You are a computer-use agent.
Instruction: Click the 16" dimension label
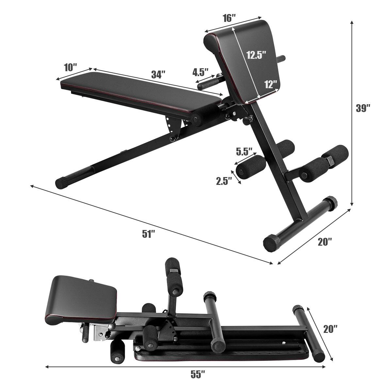coord(230,18)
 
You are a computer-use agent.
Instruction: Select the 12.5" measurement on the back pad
coord(256,55)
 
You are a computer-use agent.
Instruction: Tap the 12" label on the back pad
coord(270,85)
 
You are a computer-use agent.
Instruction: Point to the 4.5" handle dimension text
coord(200,72)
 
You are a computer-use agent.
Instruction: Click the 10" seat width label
coord(70,68)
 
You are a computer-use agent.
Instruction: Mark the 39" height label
coord(363,108)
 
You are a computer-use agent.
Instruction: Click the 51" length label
coord(148,234)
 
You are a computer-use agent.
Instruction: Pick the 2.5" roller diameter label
coord(224,181)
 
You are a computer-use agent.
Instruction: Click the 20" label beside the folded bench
coord(331,329)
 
